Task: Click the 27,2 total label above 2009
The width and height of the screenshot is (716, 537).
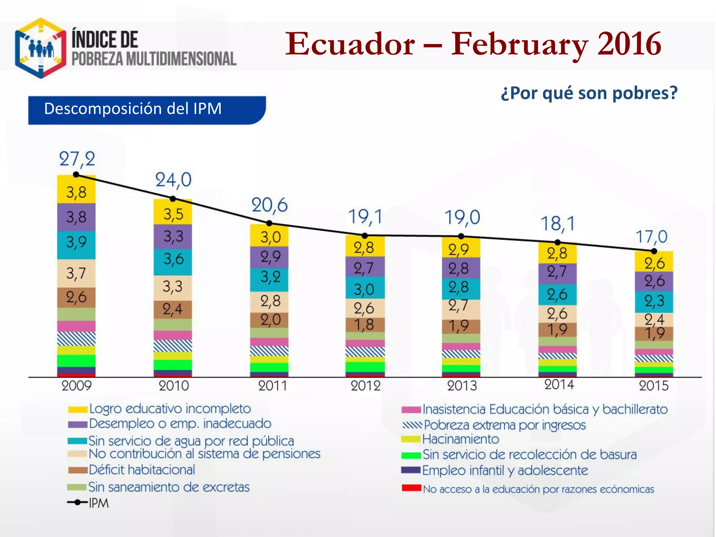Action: point(77,159)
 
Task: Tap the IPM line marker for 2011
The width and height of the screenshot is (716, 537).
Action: point(269,223)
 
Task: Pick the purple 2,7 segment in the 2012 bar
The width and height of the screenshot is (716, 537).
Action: point(365,268)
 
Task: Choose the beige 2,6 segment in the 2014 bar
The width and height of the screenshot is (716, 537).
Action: point(557,314)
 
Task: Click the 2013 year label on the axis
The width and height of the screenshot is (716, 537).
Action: point(461,386)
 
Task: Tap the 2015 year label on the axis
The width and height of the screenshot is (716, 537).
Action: point(653,386)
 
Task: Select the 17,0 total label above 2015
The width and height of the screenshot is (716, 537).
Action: point(651,237)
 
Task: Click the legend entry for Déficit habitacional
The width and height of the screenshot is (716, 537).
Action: point(142,470)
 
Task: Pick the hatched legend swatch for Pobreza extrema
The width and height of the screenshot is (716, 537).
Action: point(412,425)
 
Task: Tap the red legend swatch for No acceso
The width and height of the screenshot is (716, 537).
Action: point(411,488)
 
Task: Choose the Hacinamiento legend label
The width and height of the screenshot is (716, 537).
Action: point(460,439)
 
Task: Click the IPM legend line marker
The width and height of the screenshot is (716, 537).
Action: point(77,502)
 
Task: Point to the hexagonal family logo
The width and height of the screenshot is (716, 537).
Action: point(41,48)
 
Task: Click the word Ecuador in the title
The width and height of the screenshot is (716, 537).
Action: point(350,44)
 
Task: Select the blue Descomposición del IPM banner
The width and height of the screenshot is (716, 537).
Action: point(147,110)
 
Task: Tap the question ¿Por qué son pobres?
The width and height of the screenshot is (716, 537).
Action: point(589,93)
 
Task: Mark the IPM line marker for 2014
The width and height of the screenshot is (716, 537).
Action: point(558,242)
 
